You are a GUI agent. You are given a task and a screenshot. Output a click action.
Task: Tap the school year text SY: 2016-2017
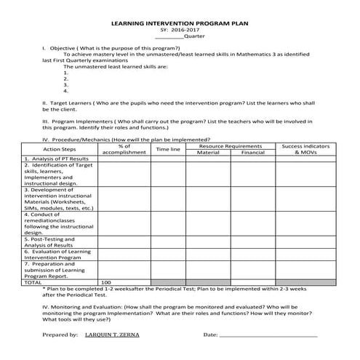coord(179,30)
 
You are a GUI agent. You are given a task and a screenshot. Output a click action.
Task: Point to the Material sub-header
coord(208,153)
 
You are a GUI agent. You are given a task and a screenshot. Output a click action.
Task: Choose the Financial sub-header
coord(252,153)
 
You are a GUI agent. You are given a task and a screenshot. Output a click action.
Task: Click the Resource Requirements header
coord(230,146)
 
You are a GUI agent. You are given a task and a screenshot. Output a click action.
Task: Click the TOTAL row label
coord(33,281)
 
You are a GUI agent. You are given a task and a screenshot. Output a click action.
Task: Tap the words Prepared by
coord(60,335)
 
